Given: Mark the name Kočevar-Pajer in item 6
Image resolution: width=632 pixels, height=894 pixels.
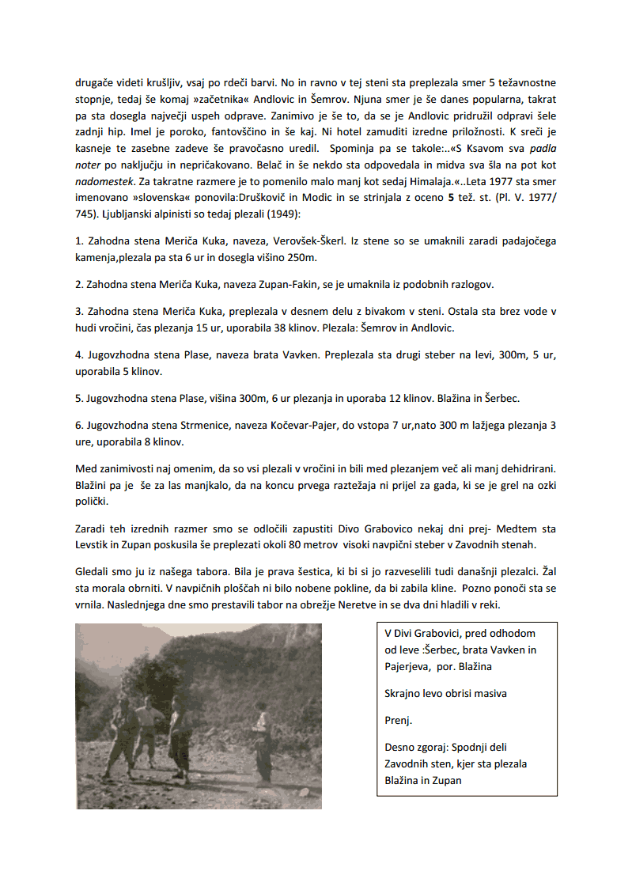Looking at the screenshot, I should pyautogui.click(x=301, y=426).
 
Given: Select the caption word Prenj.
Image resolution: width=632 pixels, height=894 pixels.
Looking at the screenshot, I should pyautogui.click(x=398, y=720).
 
